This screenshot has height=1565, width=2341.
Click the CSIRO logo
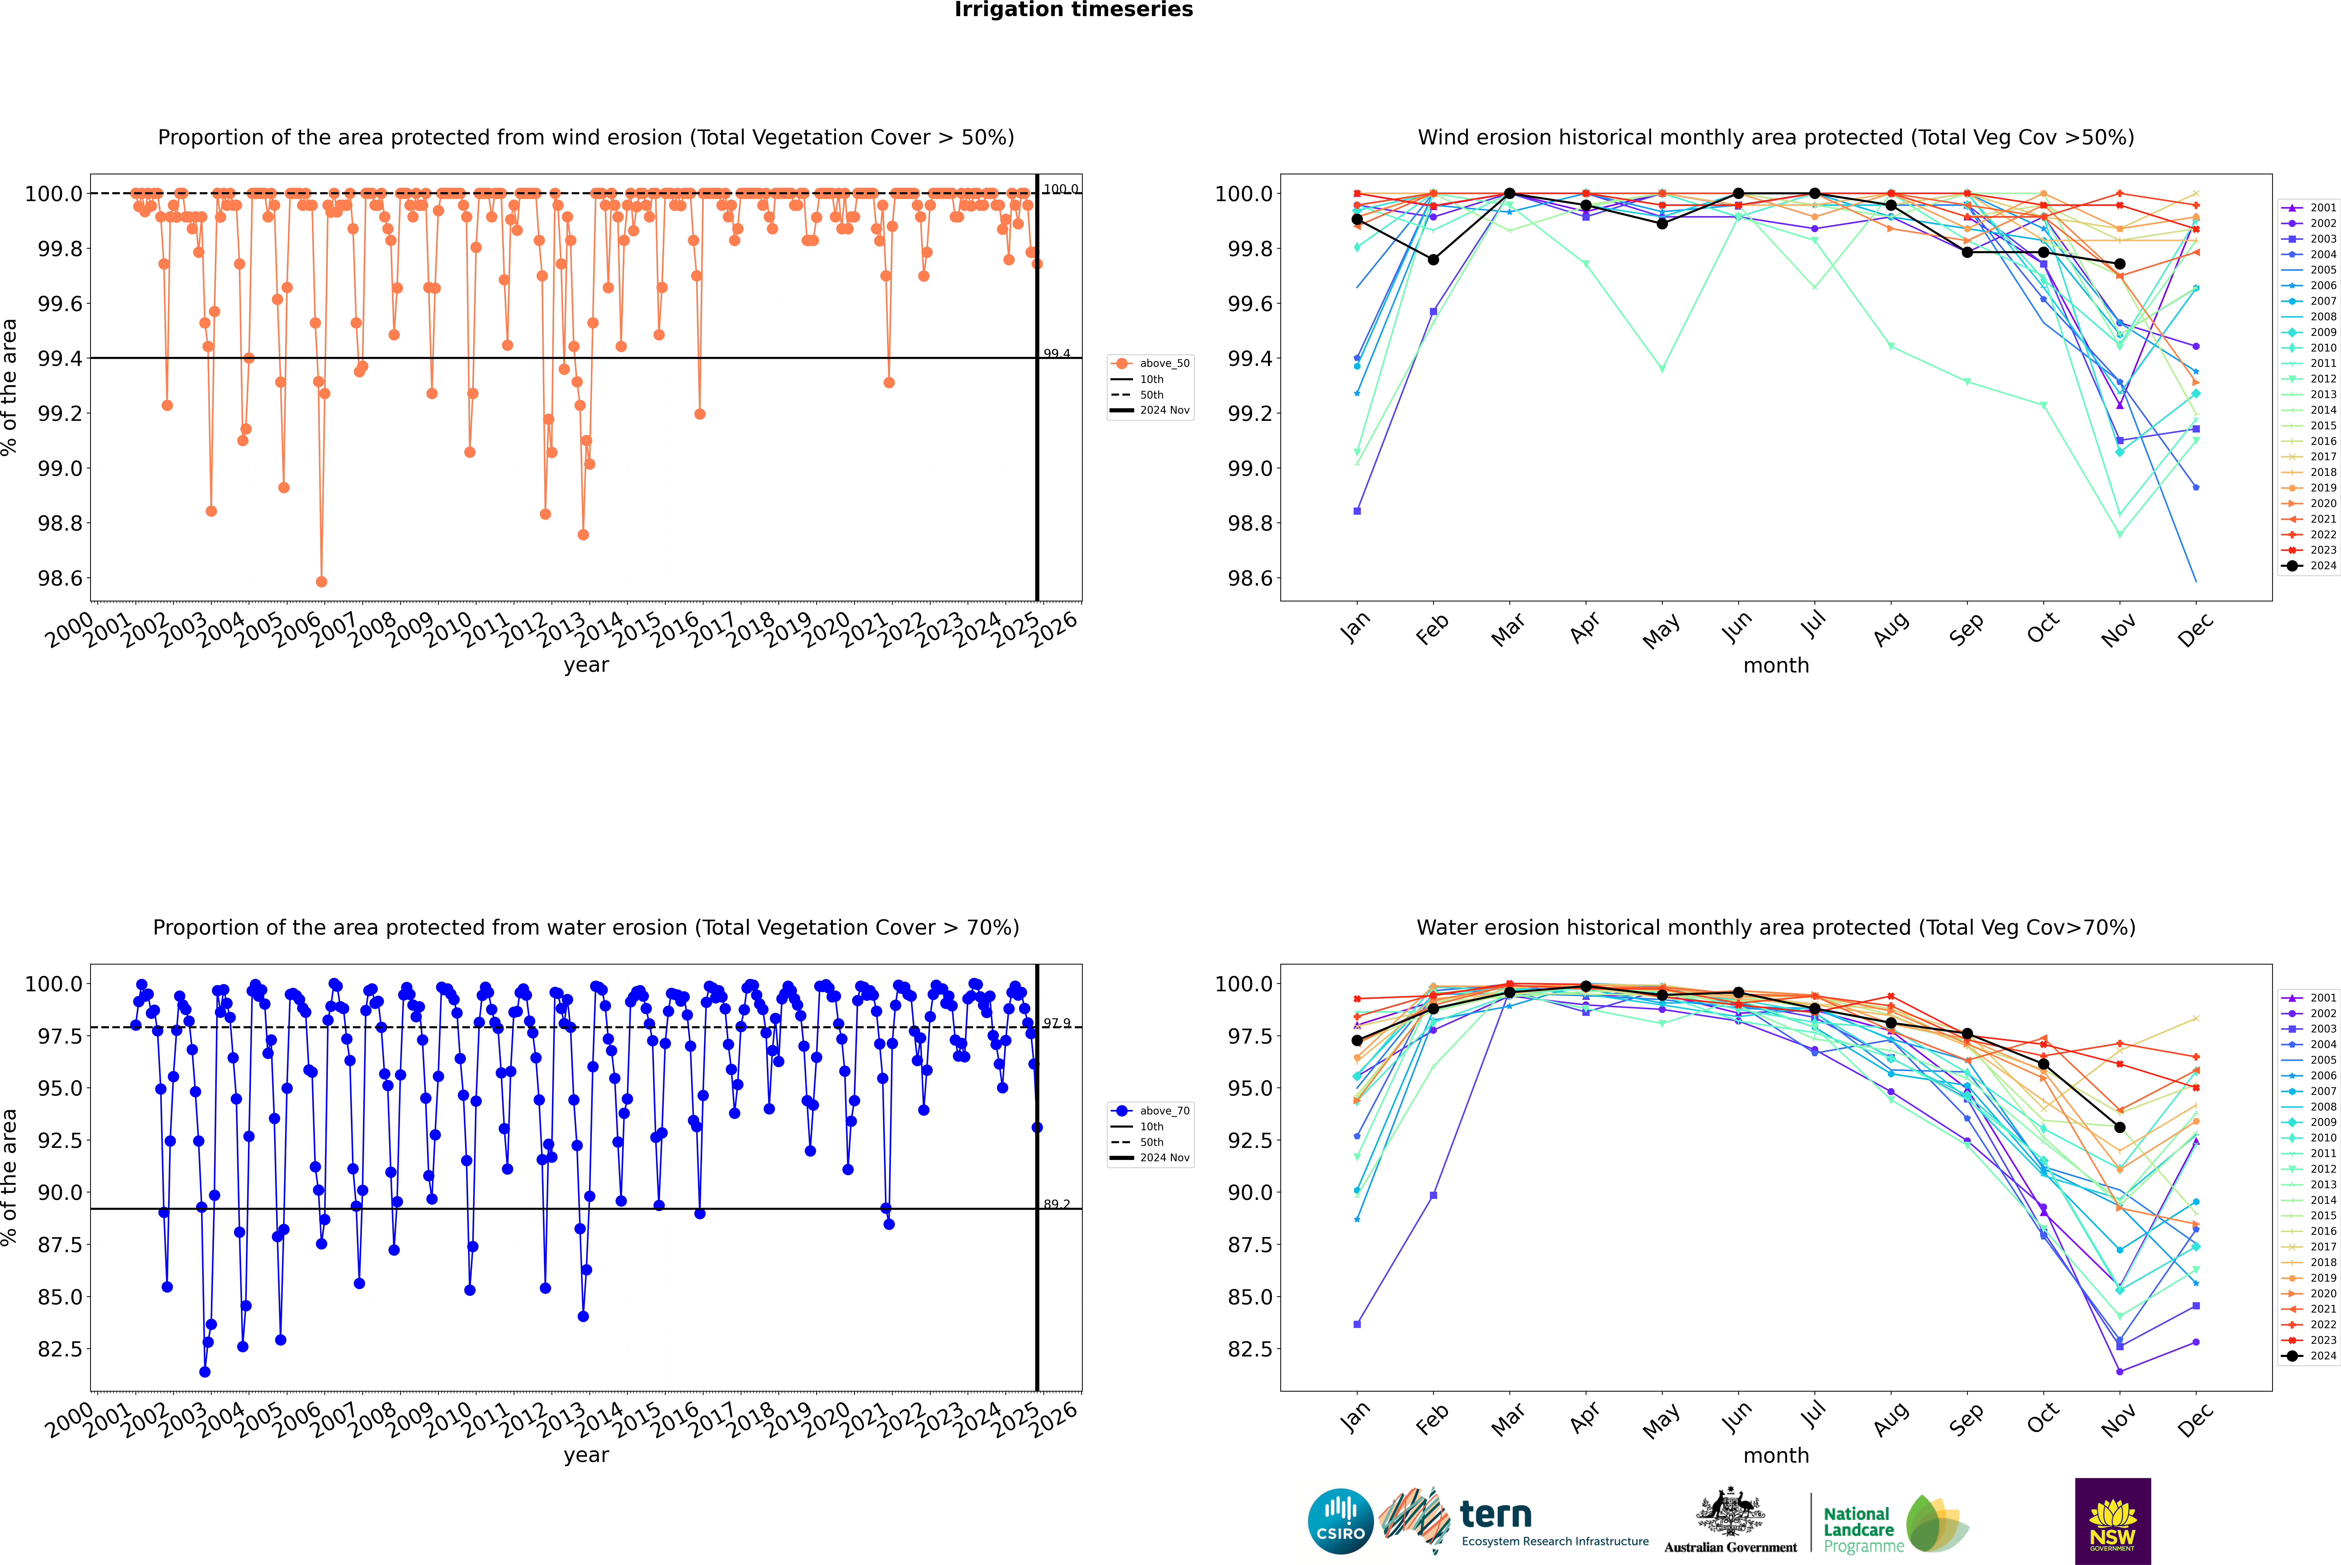pos(1340,1521)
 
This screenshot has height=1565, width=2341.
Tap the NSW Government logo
pos(2112,1521)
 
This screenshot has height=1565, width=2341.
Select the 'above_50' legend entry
pos(1163,363)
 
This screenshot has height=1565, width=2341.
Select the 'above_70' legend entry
pos(1163,1111)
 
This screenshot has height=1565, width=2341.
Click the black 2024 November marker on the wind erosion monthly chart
pos(2119,265)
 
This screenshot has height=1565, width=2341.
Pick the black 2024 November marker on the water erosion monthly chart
pos(2119,1128)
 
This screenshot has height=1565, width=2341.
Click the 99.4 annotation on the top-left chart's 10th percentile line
pos(1057,353)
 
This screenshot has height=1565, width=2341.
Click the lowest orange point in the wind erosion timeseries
pos(321,582)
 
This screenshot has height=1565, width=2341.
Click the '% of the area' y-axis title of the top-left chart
pos(10,387)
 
